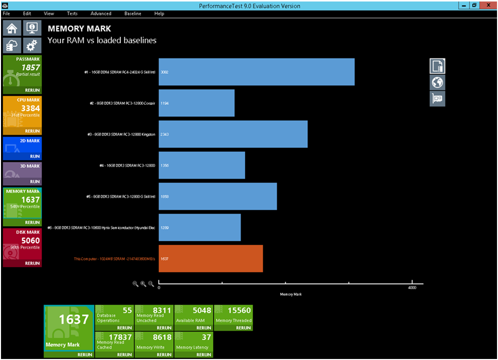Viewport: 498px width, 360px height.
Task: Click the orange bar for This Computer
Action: [211, 259]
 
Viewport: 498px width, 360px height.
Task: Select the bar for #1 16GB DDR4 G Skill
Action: [257, 72]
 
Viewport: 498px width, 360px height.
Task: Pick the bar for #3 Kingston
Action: [233, 134]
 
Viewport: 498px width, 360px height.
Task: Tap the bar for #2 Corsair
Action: [197, 103]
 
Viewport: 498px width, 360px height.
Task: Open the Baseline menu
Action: [133, 13]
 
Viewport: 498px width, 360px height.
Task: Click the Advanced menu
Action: [101, 13]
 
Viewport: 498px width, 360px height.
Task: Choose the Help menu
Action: [159, 13]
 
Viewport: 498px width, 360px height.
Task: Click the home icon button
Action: [12, 28]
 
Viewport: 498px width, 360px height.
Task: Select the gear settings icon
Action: [31, 46]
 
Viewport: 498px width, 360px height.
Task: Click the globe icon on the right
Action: [438, 82]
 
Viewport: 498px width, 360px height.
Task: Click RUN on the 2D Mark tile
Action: [35, 156]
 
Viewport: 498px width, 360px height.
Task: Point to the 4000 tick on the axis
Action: [412, 288]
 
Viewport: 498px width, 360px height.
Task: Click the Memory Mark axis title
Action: [291, 294]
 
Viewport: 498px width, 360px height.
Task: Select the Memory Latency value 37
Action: [206, 338]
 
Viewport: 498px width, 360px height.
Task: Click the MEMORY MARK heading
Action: [79, 29]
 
